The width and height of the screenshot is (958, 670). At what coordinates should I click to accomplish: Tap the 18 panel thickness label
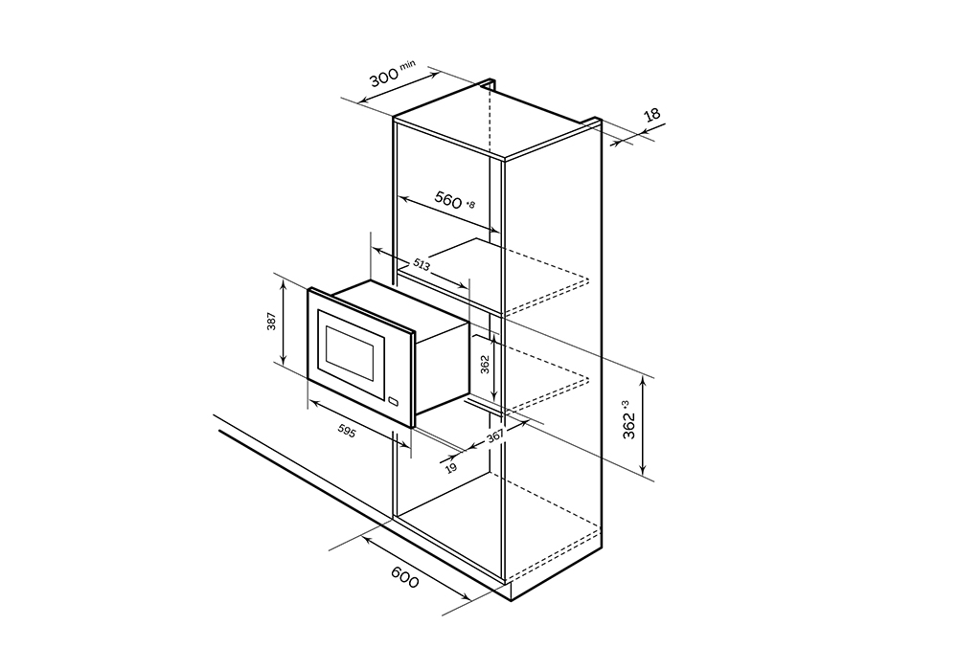pos(652,115)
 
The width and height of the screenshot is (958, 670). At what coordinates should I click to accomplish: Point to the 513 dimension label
pos(422,264)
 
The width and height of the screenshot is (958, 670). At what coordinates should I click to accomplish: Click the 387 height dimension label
pos(272,321)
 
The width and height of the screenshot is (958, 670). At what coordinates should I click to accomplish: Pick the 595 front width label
pos(347,430)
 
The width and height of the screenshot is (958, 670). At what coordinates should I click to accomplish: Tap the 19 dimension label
pos(451,468)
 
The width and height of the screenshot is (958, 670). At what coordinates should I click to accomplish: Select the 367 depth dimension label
pos(495,437)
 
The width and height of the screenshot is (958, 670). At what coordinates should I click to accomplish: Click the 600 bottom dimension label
pos(405,577)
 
